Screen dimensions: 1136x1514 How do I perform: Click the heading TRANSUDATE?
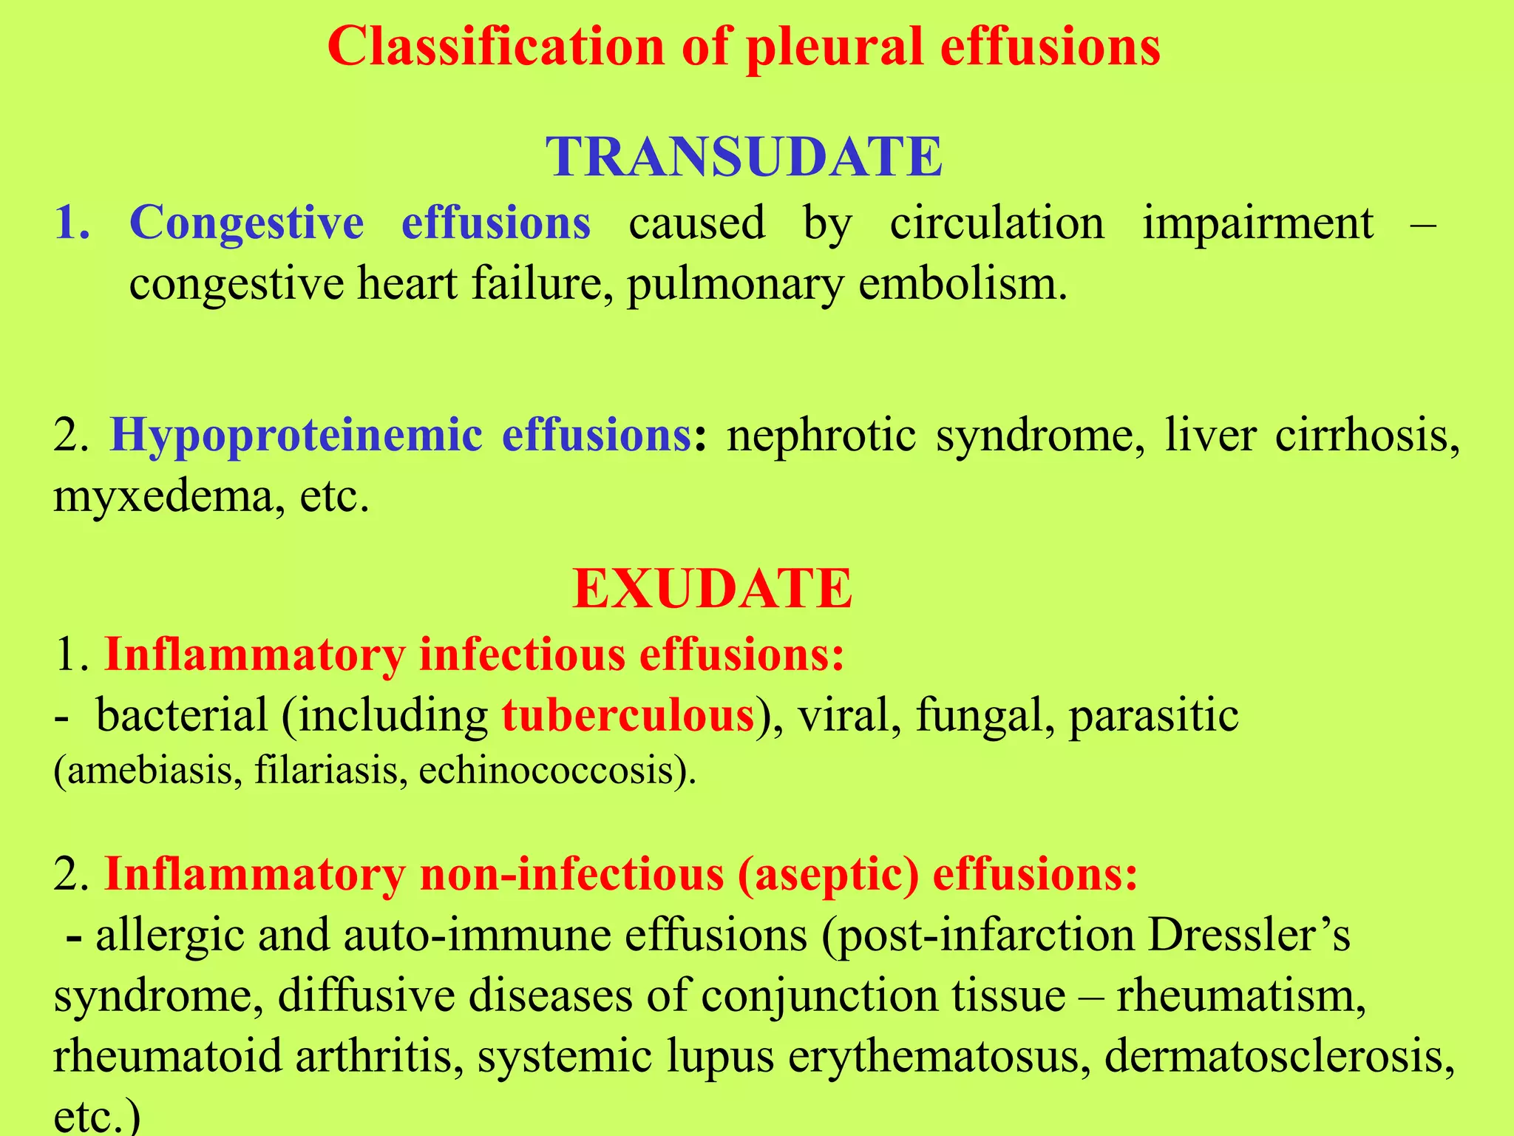[744, 157]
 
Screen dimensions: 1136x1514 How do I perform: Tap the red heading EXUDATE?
[713, 589]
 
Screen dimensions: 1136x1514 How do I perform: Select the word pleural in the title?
[835, 47]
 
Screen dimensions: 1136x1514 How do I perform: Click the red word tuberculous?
[628, 715]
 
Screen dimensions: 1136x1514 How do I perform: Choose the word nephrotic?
[821, 435]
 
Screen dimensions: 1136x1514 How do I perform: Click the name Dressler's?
[1249, 936]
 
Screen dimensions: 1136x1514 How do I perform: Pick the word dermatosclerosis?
[1279, 1056]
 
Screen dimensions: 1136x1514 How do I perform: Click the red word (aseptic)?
[828, 874]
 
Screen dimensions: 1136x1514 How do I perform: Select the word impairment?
[1257, 223]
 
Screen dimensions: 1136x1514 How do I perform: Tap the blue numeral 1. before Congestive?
[72, 223]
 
